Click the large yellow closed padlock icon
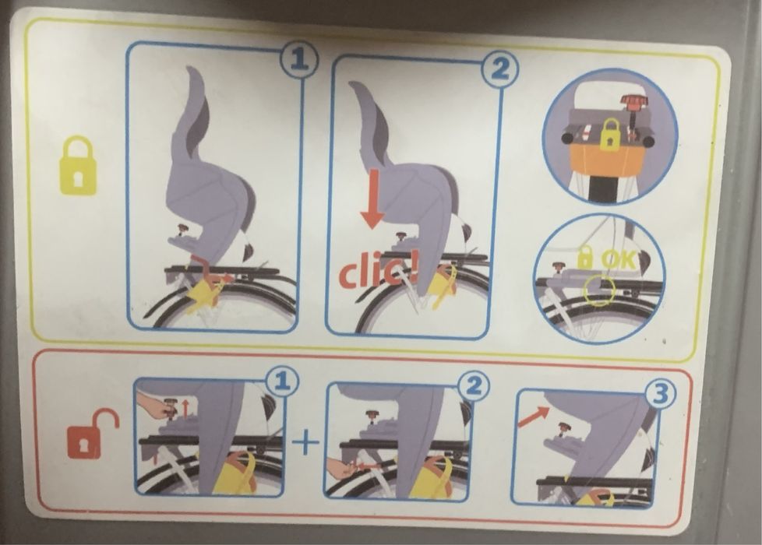tap(78, 166)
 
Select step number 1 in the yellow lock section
tap(298, 62)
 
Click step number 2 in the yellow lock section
tap(499, 71)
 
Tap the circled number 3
tap(660, 395)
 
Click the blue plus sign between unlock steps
tap(305, 442)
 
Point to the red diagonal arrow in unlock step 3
tap(532, 417)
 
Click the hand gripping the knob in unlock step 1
tap(155, 405)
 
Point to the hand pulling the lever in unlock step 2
tap(341, 468)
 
